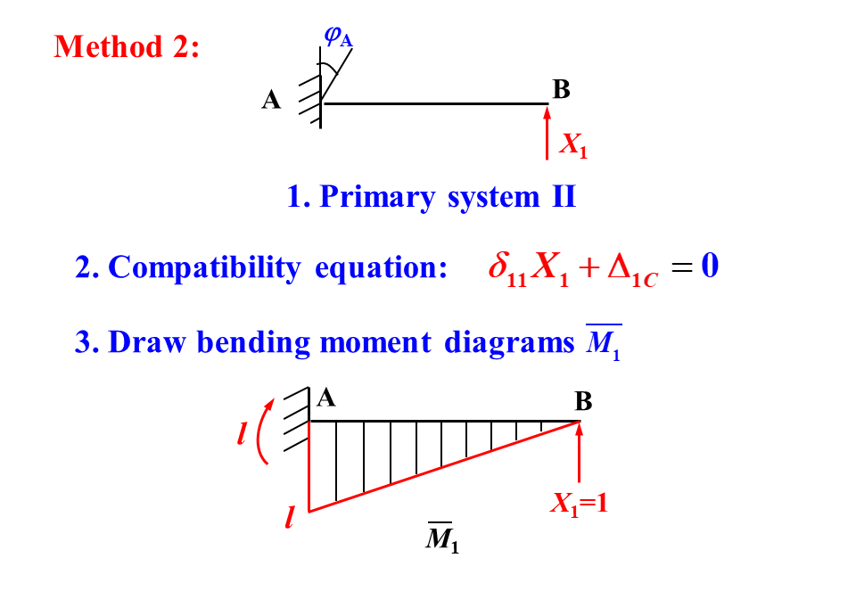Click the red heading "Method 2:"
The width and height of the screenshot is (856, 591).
[127, 46]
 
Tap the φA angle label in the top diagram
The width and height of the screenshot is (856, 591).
[338, 37]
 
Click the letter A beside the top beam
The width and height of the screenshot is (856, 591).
[271, 101]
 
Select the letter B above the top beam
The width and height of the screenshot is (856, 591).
[561, 89]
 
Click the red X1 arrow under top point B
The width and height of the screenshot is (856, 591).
[547, 134]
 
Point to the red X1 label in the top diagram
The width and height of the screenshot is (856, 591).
[572, 144]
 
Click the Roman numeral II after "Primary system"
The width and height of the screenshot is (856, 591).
[563, 196]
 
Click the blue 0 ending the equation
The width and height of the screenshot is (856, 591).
[710, 266]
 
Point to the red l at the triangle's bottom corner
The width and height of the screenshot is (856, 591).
[290, 517]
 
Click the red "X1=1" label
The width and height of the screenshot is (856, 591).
[579, 504]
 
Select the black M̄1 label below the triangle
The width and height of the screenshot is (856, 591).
[442, 538]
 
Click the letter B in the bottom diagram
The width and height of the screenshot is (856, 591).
[583, 402]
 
